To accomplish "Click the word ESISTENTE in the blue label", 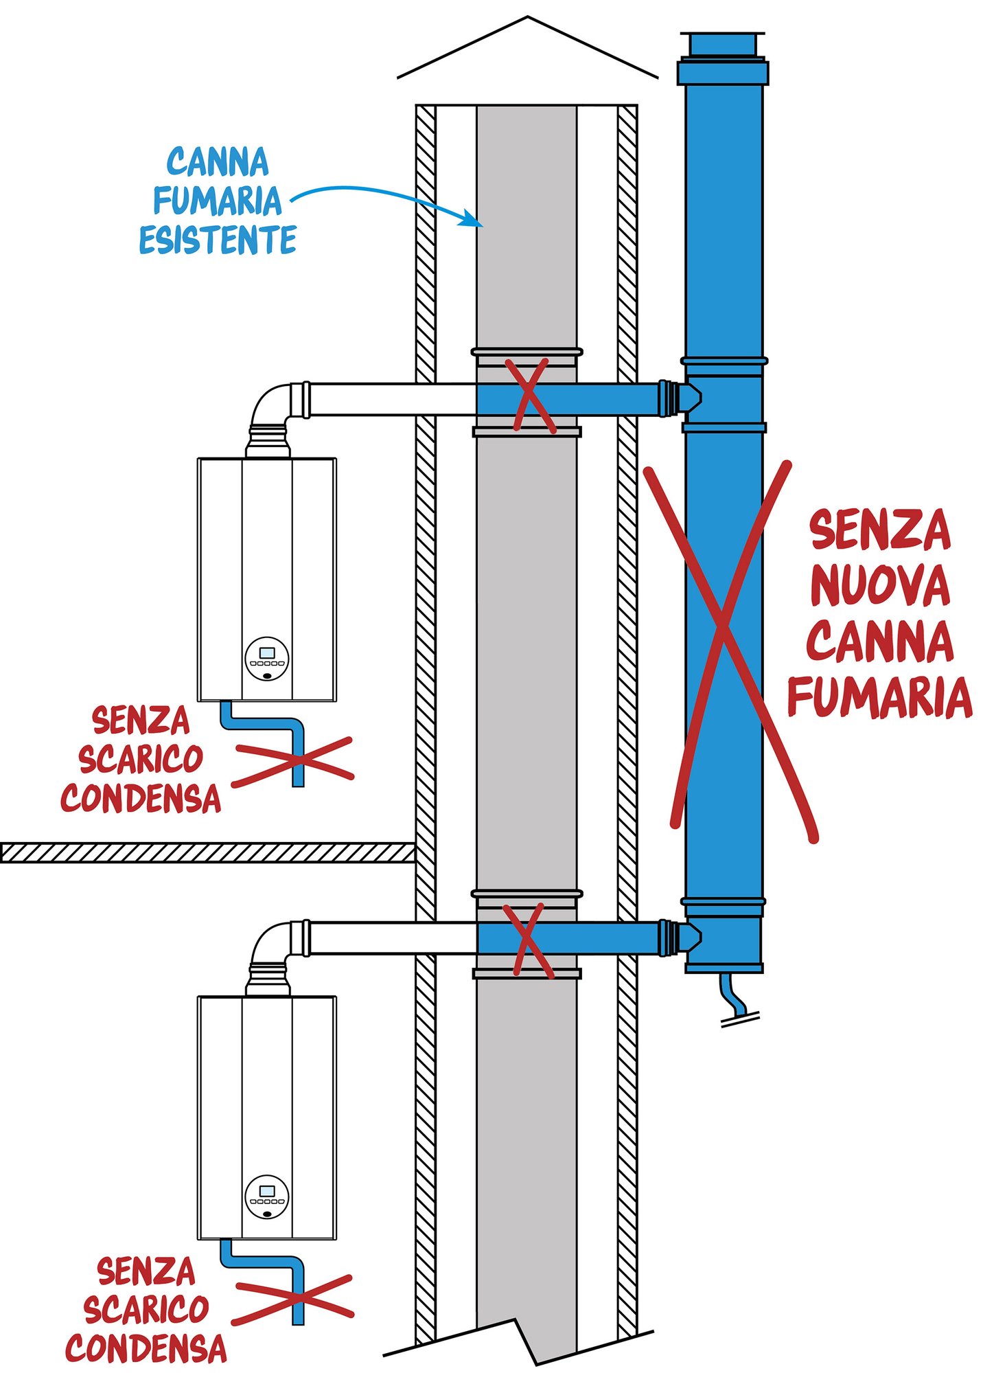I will (x=218, y=240).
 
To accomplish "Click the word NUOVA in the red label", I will (x=879, y=586).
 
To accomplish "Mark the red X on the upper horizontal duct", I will (x=529, y=396).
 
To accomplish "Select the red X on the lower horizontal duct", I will (x=527, y=940).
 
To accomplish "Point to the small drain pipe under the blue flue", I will (x=733, y=996).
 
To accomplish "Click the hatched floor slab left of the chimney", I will (x=206, y=852).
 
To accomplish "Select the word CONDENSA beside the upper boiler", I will (x=141, y=799).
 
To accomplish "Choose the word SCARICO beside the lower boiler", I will (x=146, y=1309).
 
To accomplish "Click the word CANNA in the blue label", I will (x=218, y=162).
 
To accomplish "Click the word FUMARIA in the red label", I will (x=879, y=698).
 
